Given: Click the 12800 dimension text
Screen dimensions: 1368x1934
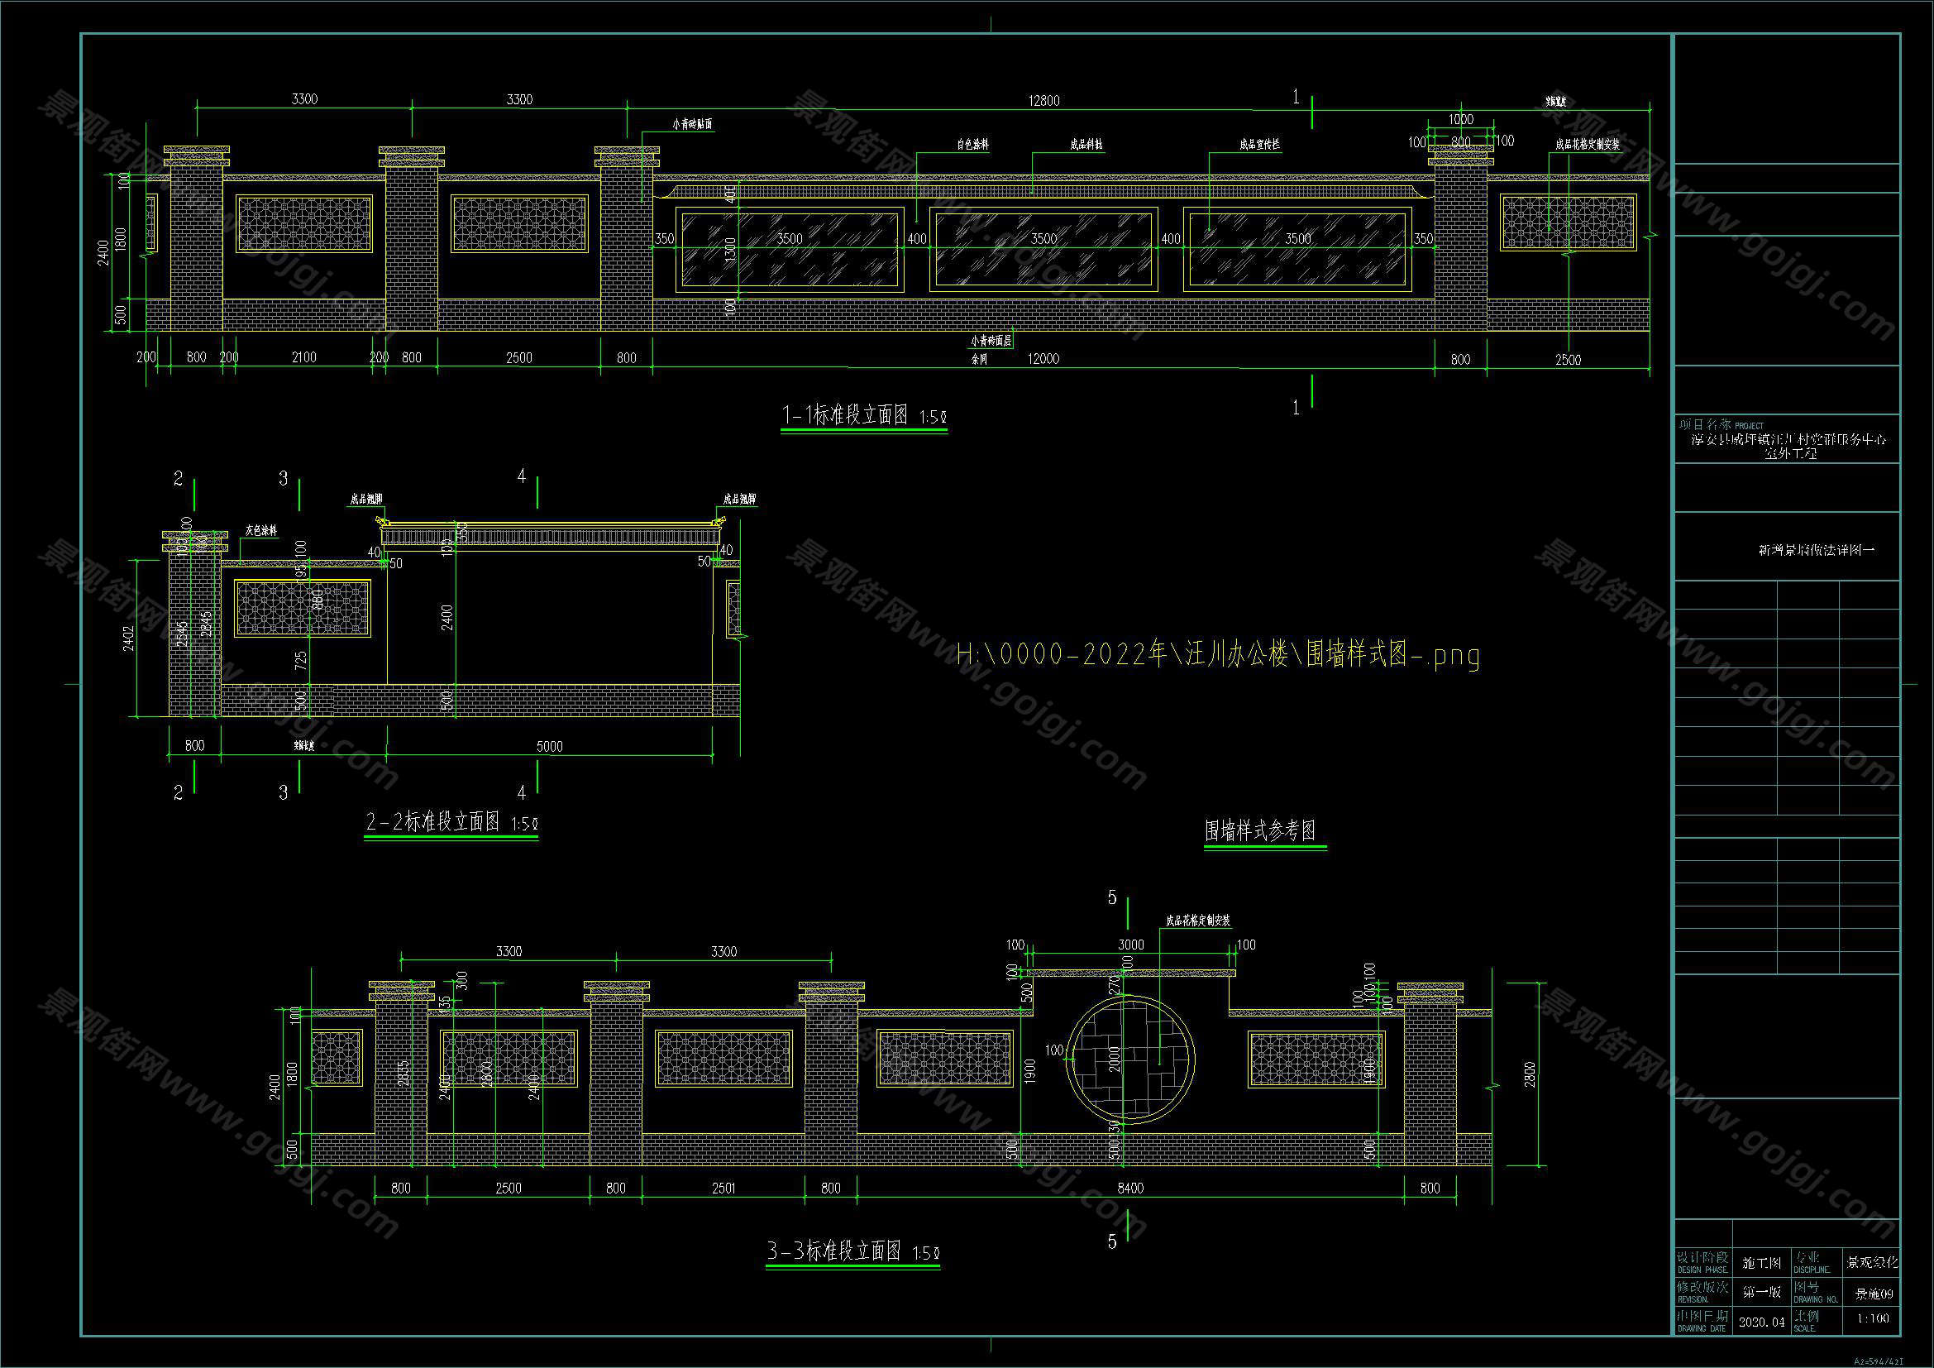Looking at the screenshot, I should pos(1043,101).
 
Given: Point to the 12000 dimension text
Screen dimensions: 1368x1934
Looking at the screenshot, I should pos(1043,359).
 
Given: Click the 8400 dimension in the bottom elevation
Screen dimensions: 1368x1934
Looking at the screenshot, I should pos(1130,1189).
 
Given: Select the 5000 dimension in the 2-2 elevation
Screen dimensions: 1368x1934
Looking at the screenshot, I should pos(549,746).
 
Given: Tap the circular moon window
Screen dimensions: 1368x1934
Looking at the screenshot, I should pos(1130,1059).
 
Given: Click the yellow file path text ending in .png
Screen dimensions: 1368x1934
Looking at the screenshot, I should pos(1218,654).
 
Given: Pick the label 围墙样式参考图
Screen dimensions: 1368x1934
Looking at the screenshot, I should pos(1260,832).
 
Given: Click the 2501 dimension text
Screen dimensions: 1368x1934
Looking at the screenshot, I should pos(723,1189).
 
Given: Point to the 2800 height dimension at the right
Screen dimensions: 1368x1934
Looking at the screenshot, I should pos(1530,1074).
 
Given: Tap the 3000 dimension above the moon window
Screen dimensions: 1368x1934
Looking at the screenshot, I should pos(1130,945).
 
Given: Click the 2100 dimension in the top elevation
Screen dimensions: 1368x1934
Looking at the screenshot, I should pos(304,358).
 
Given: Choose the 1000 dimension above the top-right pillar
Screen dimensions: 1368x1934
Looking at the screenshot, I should pos(1460,120).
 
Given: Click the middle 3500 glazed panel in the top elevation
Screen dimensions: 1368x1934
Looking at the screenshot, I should pos(1043,249).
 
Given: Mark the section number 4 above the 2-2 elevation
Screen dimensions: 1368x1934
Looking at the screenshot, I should pos(522,476).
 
